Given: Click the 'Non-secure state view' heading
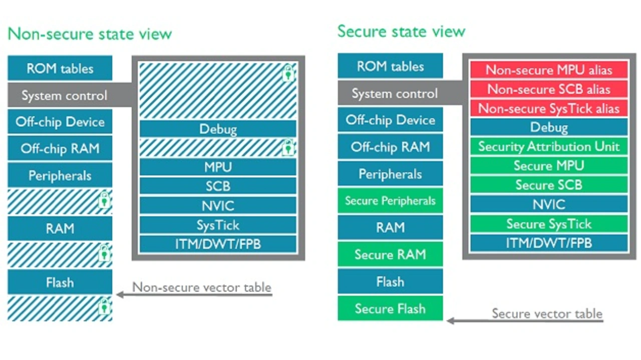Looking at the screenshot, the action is tap(90, 34).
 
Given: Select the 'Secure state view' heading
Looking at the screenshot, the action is tap(401, 32).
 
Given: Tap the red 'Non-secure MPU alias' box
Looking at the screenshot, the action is tap(549, 70).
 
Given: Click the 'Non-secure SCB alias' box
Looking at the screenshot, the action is tap(549, 89).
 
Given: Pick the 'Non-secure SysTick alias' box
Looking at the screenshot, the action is tap(549, 109).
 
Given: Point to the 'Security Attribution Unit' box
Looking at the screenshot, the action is tap(549, 147).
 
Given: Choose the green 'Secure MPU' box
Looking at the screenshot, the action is tap(549, 166).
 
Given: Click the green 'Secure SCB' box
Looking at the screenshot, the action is tap(549, 185).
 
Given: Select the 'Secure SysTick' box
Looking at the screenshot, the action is tap(549, 224).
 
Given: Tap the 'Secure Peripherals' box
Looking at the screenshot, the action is tap(390, 201).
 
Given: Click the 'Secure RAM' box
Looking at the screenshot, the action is tap(390, 254).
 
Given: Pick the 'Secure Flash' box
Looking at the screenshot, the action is tap(390, 308).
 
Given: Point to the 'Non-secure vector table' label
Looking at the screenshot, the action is tap(202, 287).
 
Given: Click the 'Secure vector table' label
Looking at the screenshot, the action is tap(547, 313).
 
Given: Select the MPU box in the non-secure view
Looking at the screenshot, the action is tap(218, 167).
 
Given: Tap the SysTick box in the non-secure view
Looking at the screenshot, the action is tap(218, 225).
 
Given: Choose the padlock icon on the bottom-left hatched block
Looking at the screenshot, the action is tap(104, 306).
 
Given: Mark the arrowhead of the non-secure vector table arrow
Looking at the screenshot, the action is tap(120, 294).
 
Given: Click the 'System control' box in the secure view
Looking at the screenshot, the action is tap(395, 94).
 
